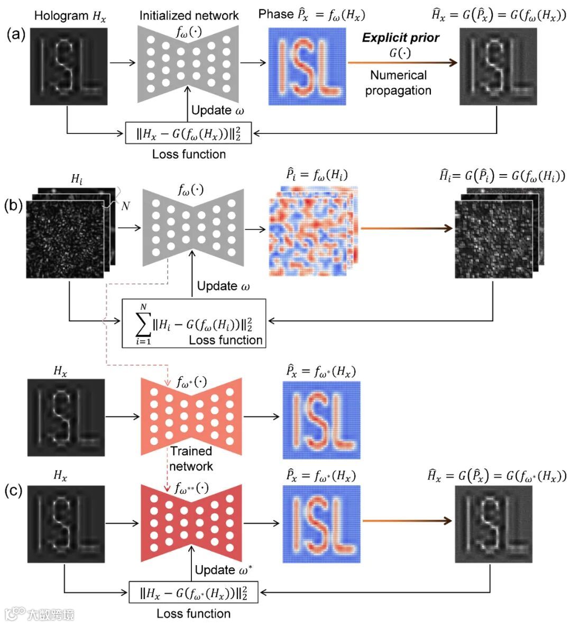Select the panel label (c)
coord(13,491)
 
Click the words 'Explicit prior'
coord(400,38)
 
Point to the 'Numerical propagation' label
coord(398,83)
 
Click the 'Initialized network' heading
coord(189,16)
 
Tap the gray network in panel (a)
coord(188,64)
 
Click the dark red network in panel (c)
coord(191,522)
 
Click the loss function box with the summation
coord(194,323)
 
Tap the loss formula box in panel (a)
coord(188,133)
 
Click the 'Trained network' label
coord(191,458)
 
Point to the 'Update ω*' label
coord(223,570)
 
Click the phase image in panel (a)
coord(307,66)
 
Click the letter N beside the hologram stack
coord(125,206)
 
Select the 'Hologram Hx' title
coord(70,16)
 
